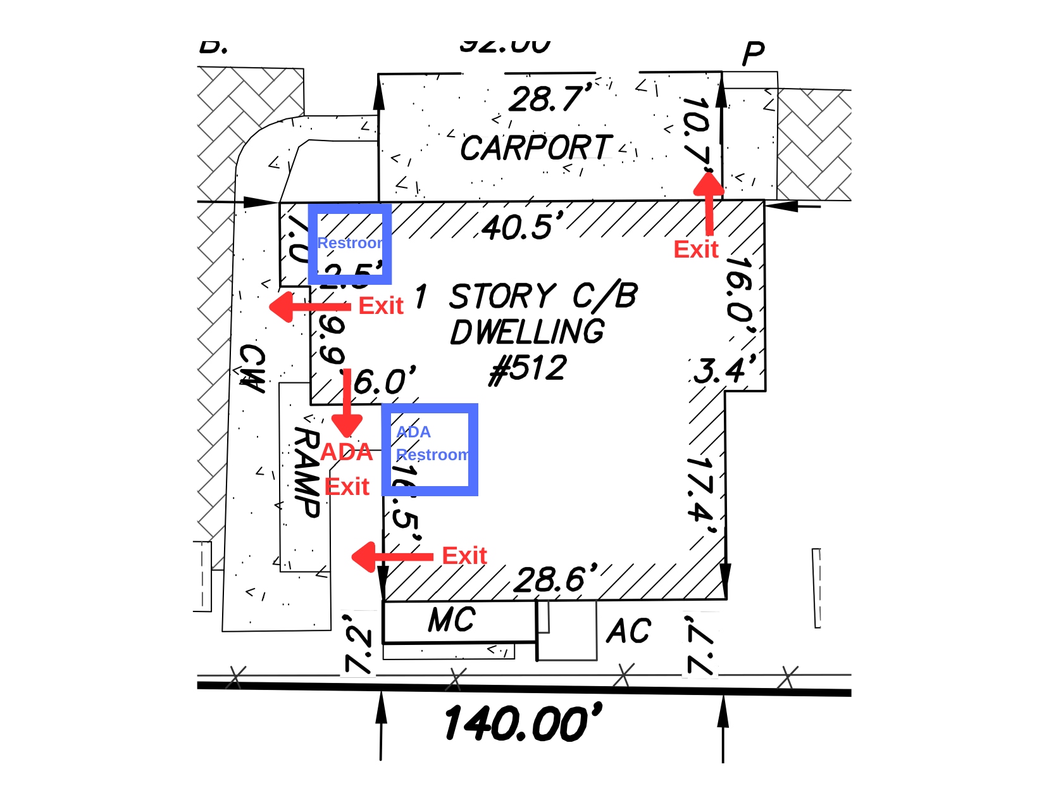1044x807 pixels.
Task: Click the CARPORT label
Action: point(536,148)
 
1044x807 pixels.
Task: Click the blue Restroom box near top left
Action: point(350,244)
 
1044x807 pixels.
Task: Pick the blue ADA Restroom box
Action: point(430,449)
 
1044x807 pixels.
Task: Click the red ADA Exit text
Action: point(347,469)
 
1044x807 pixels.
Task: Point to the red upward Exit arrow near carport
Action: point(709,203)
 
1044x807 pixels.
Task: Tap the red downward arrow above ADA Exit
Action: point(347,405)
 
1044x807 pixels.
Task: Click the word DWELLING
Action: point(527,332)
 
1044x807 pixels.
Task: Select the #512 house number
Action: point(528,369)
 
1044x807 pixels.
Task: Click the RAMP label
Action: point(307,472)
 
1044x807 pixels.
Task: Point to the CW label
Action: point(252,368)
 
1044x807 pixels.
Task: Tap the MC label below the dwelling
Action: point(452,620)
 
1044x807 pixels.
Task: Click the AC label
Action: point(628,631)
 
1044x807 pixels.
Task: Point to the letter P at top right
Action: point(754,54)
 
